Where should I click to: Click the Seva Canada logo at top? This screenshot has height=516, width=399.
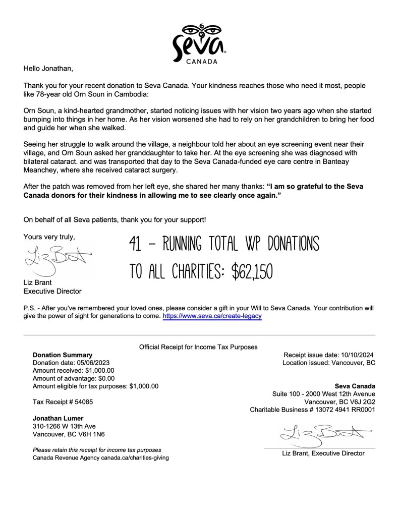coord(199,42)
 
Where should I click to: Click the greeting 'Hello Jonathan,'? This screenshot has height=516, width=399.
coord(48,68)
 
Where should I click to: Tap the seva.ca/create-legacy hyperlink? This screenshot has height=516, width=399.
coord(212,316)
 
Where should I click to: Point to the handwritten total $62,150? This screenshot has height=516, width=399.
coord(252,271)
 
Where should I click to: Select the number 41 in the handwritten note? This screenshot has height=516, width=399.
coord(135,245)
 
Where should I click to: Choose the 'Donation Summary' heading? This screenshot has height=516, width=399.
coord(63,355)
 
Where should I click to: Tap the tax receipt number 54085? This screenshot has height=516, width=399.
coord(80,402)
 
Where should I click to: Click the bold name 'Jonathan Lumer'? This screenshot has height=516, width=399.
coord(59,418)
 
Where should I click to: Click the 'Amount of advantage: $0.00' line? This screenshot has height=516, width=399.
coord(74,378)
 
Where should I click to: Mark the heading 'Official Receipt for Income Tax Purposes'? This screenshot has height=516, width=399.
coord(198,347)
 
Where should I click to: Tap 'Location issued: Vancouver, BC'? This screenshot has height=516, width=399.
coord(328,363)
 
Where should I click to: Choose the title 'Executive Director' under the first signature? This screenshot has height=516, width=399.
coord(52,291)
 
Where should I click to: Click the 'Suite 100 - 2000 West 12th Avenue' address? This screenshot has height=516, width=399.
coord(323,394)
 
